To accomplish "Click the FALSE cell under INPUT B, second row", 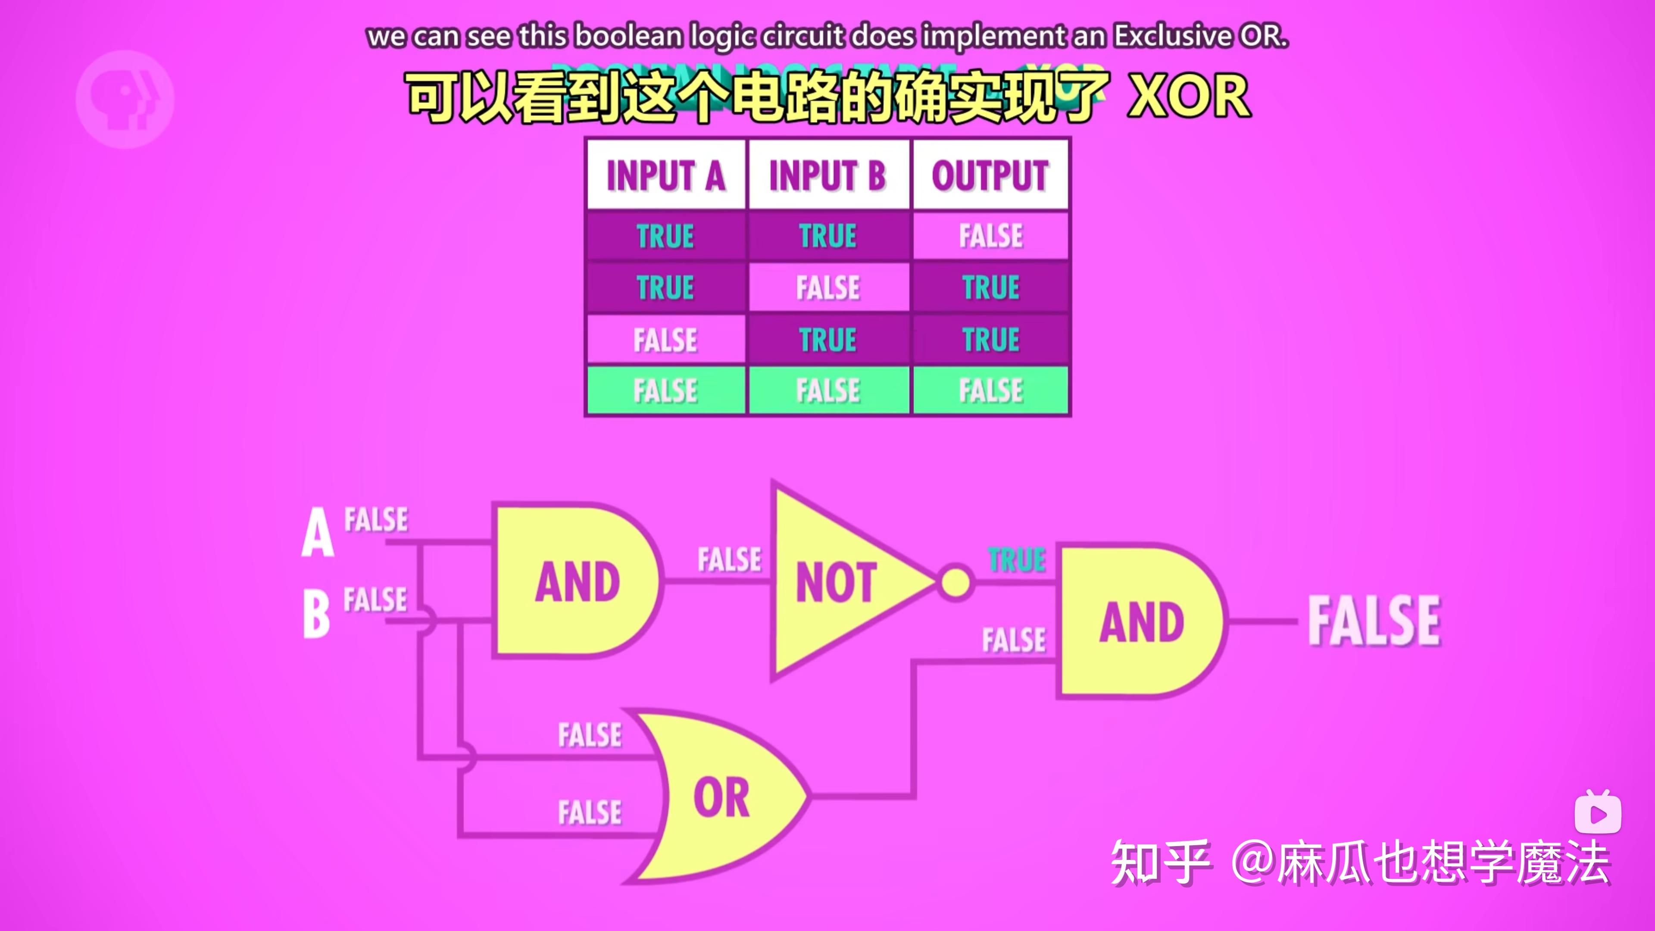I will tap(828, 287).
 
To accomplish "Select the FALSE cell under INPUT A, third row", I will tap(665, 339).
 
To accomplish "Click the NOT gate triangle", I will tap(835, 581).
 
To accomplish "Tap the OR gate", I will tap(720, 797).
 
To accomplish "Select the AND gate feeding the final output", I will tap(1140, 621).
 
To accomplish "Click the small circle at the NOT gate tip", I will tap(956, 582).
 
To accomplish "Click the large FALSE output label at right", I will tap(1375, 621).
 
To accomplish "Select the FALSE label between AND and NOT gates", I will tap(729, 559).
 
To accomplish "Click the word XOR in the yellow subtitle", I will tap(1189, 97).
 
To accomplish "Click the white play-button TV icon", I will tap(1598, 813).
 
